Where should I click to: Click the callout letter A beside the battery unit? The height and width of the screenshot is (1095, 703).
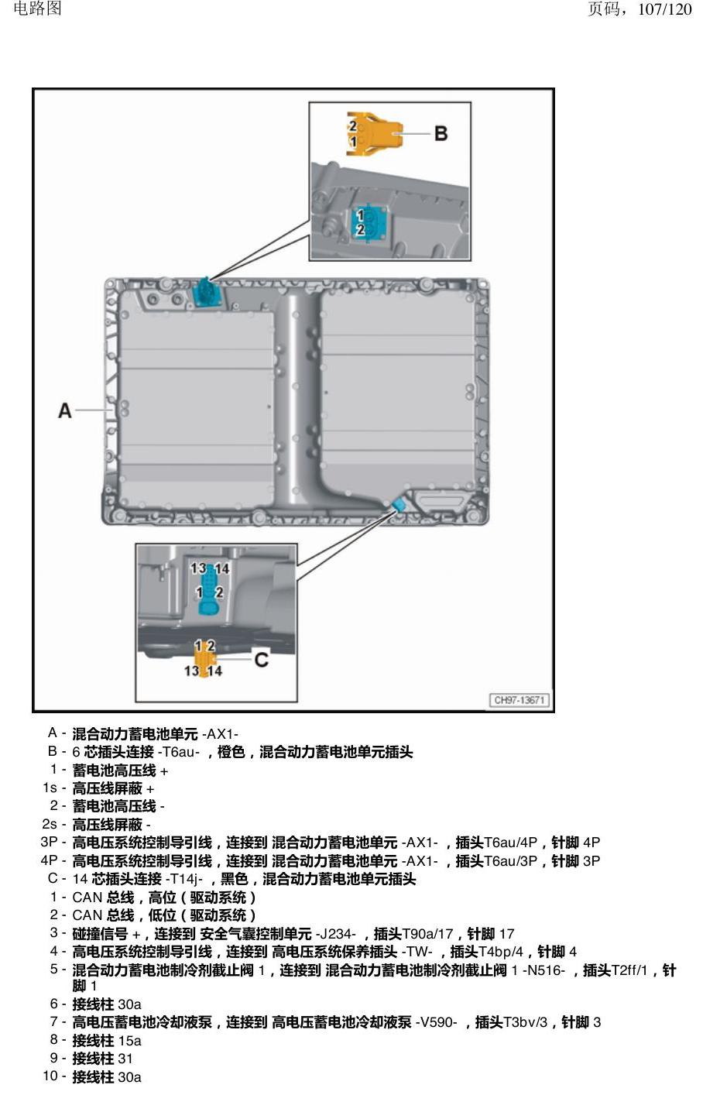[65, 410]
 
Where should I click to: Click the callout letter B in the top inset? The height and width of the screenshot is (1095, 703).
[441, 133]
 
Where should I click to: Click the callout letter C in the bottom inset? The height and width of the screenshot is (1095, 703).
[262, 660]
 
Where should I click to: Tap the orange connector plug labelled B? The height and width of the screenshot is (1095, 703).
[375, 133]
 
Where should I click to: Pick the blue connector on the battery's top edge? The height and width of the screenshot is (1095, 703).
[207, 293]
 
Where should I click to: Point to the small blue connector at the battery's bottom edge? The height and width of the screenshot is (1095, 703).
[399, 504]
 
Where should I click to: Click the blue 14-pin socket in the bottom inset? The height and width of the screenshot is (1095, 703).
[209, 589]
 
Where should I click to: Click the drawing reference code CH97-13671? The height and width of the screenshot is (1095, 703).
[520, 700]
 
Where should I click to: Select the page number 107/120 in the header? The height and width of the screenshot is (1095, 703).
[664, 9]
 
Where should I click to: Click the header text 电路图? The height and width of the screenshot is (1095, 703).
[37, 9]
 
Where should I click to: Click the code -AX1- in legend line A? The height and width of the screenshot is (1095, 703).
[220, 734]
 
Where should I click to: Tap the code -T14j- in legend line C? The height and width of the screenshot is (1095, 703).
[184, 879]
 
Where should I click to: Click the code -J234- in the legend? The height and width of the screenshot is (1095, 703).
[336, 934]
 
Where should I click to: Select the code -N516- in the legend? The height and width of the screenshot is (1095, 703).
[544, 970]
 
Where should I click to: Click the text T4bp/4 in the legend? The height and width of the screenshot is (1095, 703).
[501, 952]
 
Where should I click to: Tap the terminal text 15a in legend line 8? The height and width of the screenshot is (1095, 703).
[129, 1041]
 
